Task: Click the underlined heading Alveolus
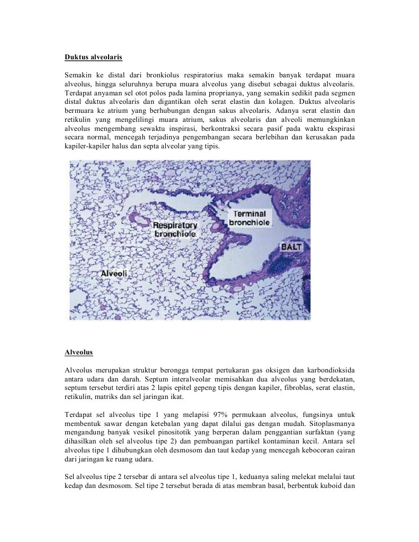point(78,352)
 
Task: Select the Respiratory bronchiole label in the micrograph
point(175,229)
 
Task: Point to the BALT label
point(291,247)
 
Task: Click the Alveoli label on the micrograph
point(114,273)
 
